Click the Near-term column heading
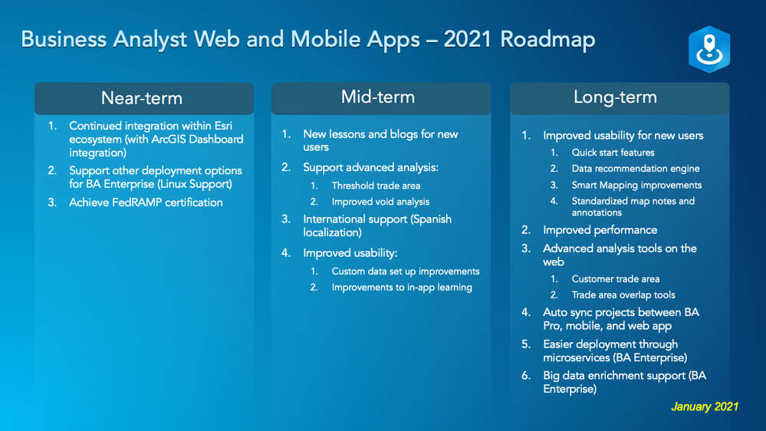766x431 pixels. (x=142, y=98)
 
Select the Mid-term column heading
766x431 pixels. (x=377, y=97)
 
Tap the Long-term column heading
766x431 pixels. (x=615, y=97)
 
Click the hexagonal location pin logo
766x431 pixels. (x=709, y=49)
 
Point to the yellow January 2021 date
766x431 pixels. (x=705, y=406)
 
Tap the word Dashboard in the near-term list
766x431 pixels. (x=216, y=140)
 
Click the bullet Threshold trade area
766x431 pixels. (x=376, y=186)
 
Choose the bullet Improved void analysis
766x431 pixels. (x=380, y=202)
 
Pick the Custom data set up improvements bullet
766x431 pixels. (x=406, y=271)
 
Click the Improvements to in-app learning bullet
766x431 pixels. (x=402, y=288)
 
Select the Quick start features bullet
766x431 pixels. (x=613, y=153)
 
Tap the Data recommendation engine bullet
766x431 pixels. (x=636, y=169)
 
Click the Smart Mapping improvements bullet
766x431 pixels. (x=636, y=185)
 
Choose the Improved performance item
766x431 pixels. (x=600, y=230)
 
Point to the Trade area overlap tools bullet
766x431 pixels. (x=623, y=295)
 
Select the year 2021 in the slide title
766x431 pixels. (x=468, y=40)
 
